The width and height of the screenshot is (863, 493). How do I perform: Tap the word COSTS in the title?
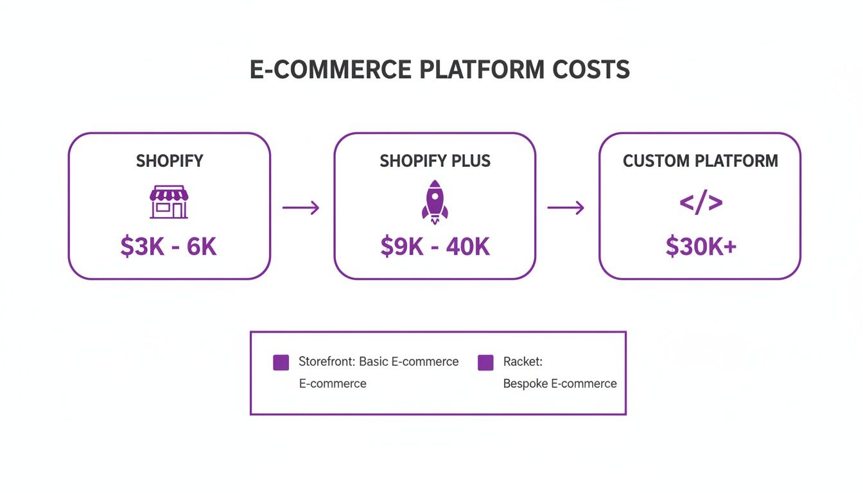[x=595, y=69]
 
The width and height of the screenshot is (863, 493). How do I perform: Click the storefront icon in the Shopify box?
[x=169, y=202]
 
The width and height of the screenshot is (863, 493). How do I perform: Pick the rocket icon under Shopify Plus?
[x=435, y=202]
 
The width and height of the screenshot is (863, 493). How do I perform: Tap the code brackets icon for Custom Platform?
[x=701, y=203]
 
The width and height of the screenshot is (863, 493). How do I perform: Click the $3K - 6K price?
[x=169, y=246]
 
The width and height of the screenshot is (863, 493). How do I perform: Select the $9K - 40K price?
[x=435, y=246]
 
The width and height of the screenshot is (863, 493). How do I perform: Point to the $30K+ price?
[x=701, y=246]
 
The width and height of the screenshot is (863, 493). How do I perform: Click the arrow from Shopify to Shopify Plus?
[x=301, y=207]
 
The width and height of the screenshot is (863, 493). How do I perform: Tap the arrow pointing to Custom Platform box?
[x=566, y=207]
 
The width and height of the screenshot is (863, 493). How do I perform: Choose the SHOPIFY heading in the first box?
[x=169, y=160]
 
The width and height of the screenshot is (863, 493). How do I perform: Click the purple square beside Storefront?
[x=281, y=362]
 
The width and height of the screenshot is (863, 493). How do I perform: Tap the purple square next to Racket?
[x=485, y=362]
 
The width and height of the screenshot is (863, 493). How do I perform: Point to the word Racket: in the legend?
[x=523, y=361]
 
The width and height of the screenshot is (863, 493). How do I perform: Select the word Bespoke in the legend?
[x=521, y=384]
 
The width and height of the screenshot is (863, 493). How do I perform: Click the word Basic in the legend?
[x=373, y=361]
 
